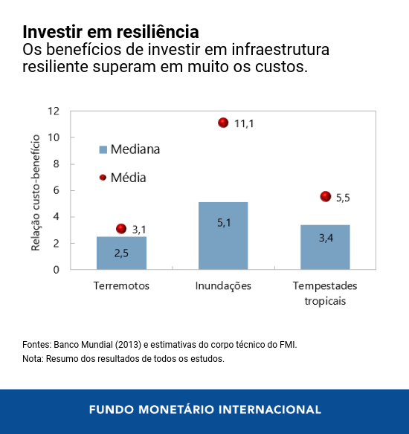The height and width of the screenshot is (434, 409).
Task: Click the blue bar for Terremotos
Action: [121, 253]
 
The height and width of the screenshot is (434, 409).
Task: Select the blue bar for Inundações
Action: [223, 236]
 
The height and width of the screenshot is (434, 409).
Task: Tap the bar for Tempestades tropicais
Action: [325, 247]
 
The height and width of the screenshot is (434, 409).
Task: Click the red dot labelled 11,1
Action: [223, 123]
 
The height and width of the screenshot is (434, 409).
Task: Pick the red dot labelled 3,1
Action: [121, 229]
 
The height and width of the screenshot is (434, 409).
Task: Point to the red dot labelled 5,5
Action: [325, 197]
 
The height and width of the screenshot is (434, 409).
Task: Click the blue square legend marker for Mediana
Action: [103, 149]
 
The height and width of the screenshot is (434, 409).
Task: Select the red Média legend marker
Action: [103, 178]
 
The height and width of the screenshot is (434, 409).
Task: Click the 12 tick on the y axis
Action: [53, 111]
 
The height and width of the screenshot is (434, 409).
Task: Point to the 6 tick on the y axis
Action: [56, 190]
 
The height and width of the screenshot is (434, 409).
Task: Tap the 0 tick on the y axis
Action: [56, 270]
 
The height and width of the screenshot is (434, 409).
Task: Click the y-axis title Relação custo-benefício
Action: [35, 190]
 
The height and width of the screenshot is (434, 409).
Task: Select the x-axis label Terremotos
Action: [121, 286]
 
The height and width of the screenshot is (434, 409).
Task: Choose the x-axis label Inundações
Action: [223, 286]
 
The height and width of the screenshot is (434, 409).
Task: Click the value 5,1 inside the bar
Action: [224, 222]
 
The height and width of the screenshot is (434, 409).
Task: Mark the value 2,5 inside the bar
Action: [121, 253]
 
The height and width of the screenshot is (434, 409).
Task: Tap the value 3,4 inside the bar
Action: [326, 238]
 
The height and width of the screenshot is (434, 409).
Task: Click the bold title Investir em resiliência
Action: [111, 33]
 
